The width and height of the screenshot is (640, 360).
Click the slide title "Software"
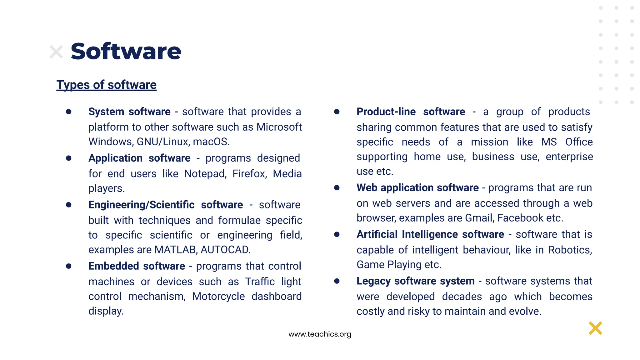coord(126,51)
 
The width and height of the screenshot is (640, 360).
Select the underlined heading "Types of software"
coord(106,85)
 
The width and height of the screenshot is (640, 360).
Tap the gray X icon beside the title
coord(56,52)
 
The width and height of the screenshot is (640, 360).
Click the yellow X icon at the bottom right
coord(595,328)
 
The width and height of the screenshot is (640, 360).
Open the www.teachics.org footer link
coord(320,334)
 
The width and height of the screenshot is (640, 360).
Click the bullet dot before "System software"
coord(69,112)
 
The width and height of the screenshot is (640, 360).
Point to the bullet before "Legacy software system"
coord(337,281)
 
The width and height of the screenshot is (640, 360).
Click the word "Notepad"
coord(205,174)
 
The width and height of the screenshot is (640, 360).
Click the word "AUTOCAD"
coord(225,250)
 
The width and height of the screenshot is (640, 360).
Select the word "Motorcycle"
coord(218,296)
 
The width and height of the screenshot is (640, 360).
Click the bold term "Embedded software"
coord(137,266)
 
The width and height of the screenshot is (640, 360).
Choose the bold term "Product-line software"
coord(411,112)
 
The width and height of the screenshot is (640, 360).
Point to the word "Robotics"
coord(570,250)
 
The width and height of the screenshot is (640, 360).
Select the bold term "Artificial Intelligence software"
coord(430,234)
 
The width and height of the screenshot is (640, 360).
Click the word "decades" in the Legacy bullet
coord(462,297)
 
